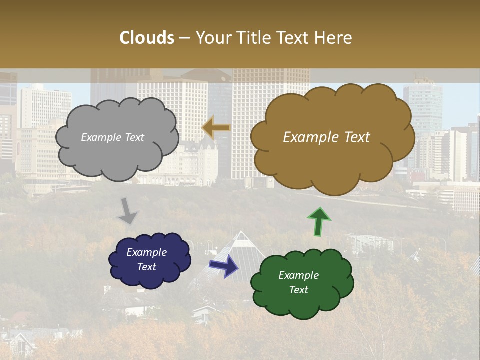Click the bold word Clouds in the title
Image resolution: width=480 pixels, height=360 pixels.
(x=147, y=38)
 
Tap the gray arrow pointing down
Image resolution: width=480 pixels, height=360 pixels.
(x=128, y=210)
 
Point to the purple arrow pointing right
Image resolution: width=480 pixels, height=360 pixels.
(x=224, y=265)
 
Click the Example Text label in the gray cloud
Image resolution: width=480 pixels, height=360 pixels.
(x=112, y=137)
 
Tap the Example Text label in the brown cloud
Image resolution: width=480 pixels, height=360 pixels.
(x=326, y=137)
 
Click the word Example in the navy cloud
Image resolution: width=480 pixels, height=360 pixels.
(x=146, y=252)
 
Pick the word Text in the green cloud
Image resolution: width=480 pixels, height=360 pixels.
(x=298, y=290)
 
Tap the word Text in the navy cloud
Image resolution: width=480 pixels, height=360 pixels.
(x=146, y=267)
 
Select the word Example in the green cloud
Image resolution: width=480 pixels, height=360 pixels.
(x=298, y=275)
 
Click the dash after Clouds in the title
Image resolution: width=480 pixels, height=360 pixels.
(x=184, y=38)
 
